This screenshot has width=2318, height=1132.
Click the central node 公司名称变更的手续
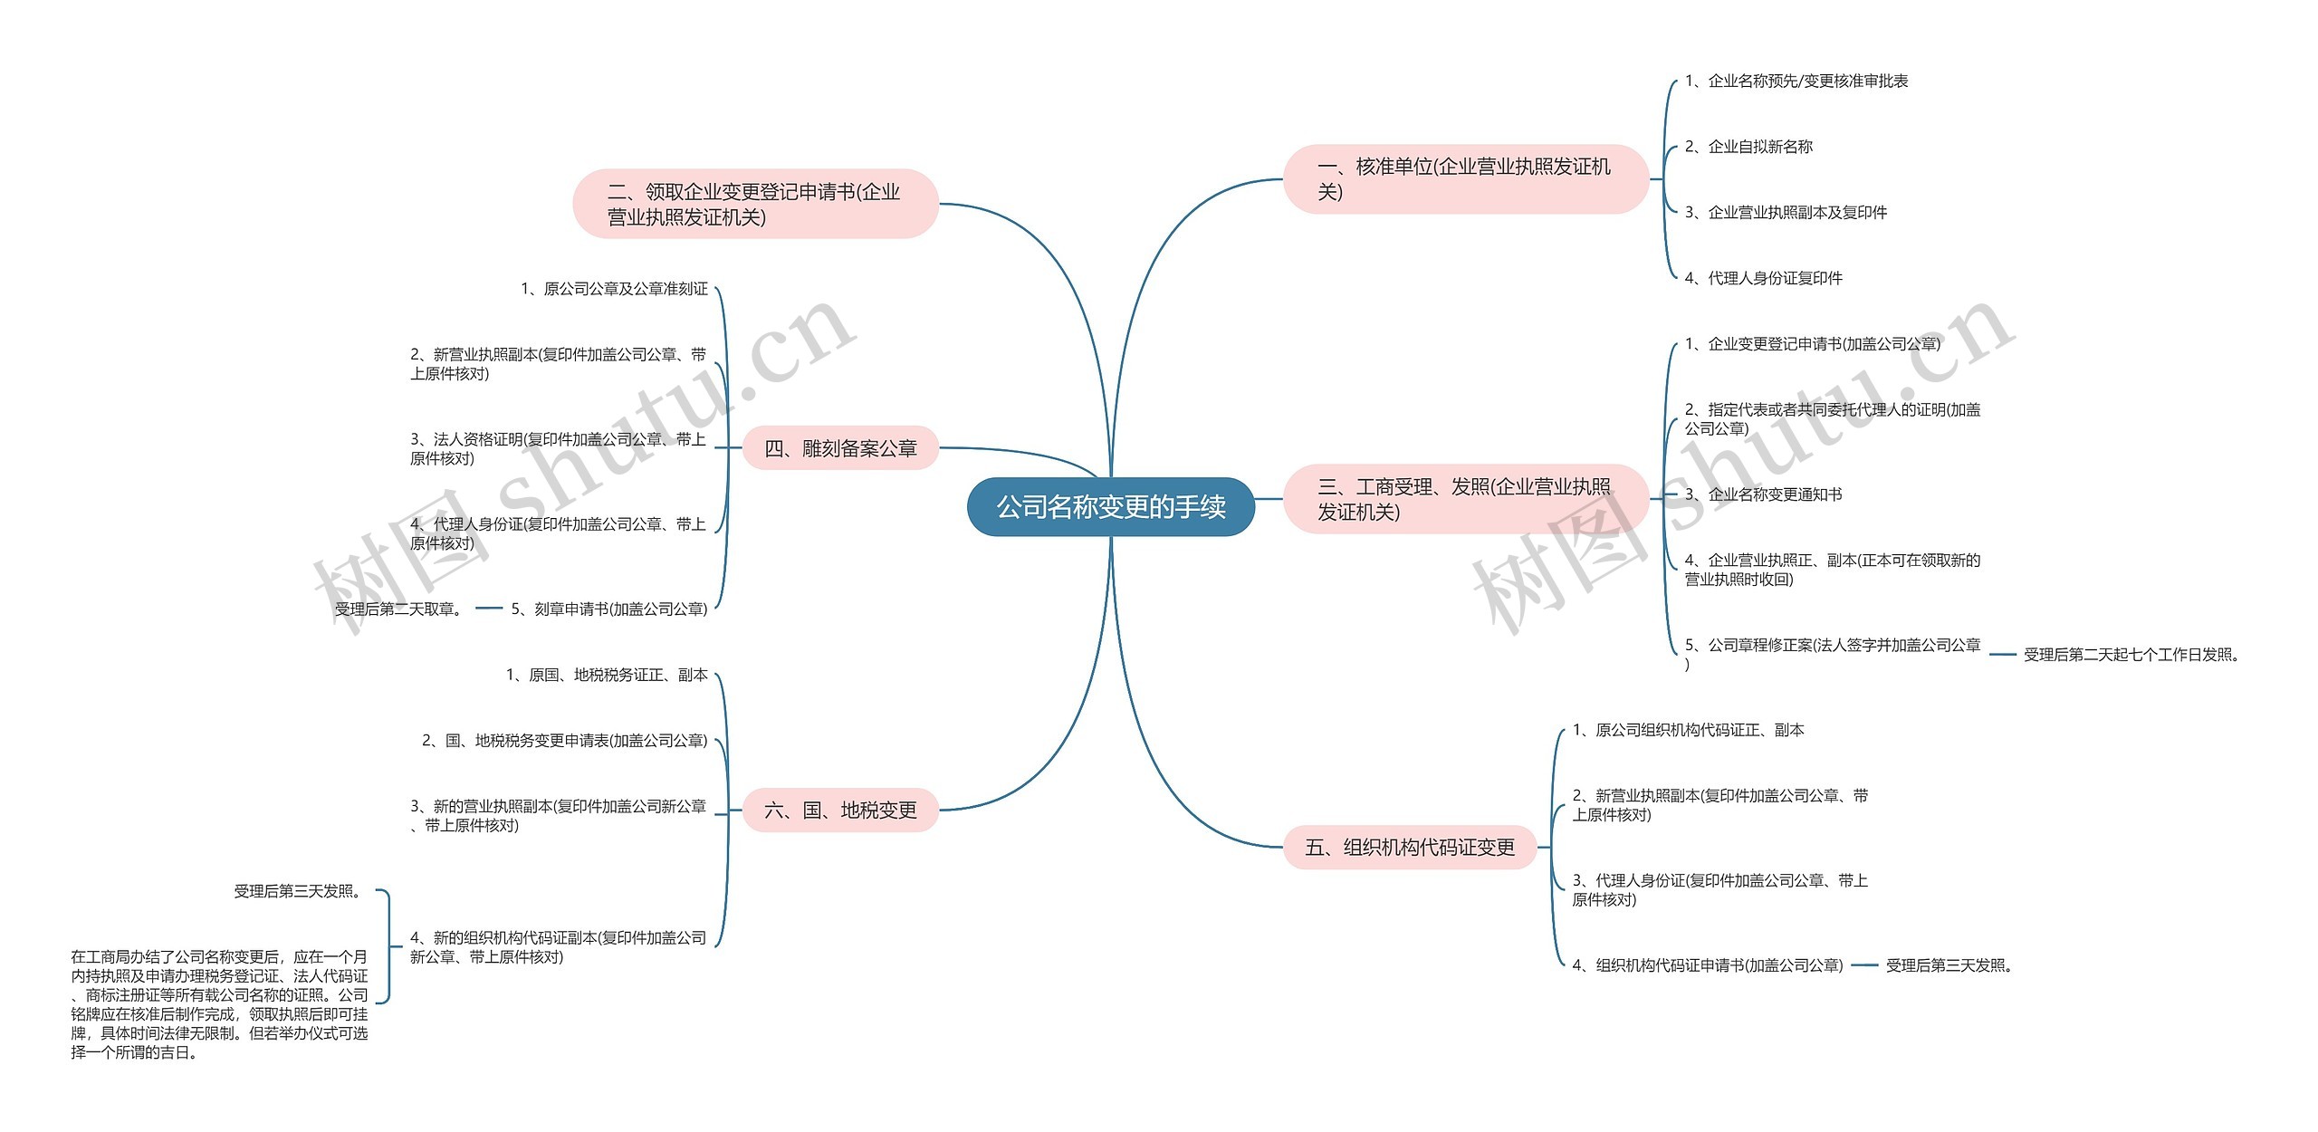pyautogui.click(x=1111, y=507)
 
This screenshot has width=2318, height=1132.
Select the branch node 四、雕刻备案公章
pyautogui.click(x=840, y=448)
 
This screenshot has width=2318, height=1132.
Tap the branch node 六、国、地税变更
pyautogui.click(x=840, y=810)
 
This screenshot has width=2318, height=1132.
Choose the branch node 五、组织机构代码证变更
pyautogui.click(x=1410, y=847)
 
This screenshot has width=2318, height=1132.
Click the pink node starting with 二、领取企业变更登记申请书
pyautogui.click(x=755, y=204)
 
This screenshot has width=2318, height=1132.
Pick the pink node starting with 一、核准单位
pyautogui.click(x=1465, y=178)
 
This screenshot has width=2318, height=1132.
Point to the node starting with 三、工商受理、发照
pyautogui.click(x=1465, y=499)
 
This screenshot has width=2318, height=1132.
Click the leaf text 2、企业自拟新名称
pyautogui.click(x=1748, y=147)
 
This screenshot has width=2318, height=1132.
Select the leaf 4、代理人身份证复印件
pyautogui.click(x=1764, y=278)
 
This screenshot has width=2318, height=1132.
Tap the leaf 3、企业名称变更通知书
pyautogui.click(x=1764, y=494)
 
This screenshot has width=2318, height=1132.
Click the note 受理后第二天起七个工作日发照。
pyautogui.click(x=2131, y=655)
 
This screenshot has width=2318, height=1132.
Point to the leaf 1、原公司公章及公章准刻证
pyautogui.click(x=614, y=289)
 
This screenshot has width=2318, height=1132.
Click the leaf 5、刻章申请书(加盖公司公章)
pyautogui.click(x=609, y=609)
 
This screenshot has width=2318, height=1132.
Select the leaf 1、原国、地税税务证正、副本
pyautogui.click(x=607, y=675)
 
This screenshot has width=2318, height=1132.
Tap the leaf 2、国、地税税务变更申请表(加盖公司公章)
pyautogui.click(x=565, y=741)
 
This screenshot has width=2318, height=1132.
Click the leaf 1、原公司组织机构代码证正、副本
pyautogui.click(x=1688, y=730)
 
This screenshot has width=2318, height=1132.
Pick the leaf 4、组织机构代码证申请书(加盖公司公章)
pyautogui.click(x=1708, y=965)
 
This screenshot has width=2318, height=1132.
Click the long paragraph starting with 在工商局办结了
pyautogui.click(x=219, y=1004)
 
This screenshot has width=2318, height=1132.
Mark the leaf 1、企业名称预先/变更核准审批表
pyautogui.click(x=1796, y=81)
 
